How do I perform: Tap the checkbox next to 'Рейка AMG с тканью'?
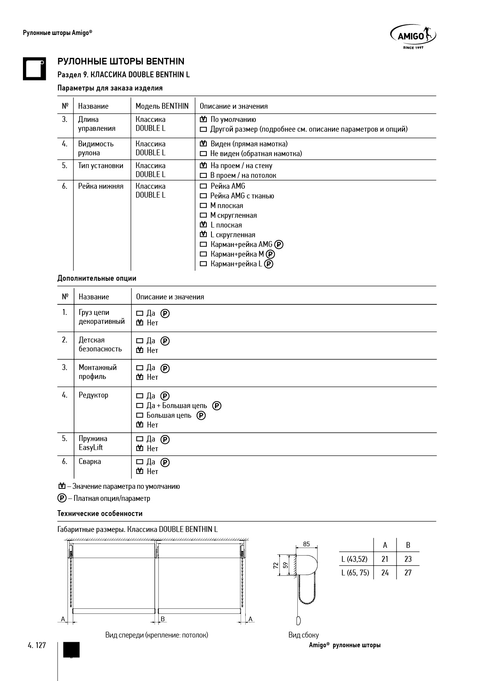pos(203,196)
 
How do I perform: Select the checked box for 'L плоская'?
pos(203,225)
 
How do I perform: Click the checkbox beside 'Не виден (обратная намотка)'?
pos(203,154)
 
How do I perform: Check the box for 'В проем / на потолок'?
pos(203,175)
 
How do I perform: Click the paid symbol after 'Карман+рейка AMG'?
pos(279,245)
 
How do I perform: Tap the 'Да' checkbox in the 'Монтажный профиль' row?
pos(140,368)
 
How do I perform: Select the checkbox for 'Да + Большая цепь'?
pos(140,406)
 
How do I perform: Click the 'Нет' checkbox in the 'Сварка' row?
pos(140,471)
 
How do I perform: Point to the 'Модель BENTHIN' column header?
pos(162,106)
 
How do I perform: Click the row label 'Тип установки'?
pos(101,166)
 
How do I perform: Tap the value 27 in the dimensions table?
pos(408,573)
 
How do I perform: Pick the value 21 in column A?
pos(385,559)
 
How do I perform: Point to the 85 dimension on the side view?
pos(306,544)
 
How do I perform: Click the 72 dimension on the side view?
pos(276,565)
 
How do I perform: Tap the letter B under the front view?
pos(163,618)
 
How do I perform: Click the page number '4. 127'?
pos(37,645)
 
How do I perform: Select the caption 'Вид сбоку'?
pos(303,635)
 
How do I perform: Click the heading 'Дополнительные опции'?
pos(97,278)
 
